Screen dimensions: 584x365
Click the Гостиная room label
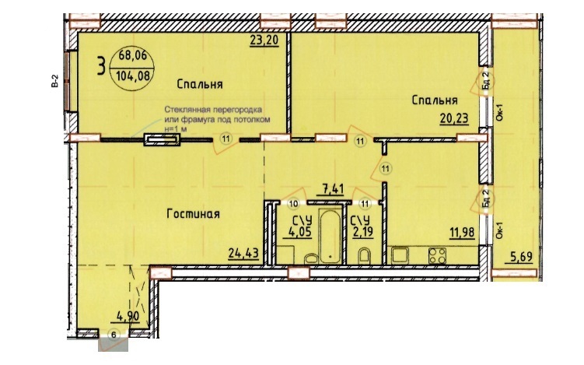click(x=193, y=214)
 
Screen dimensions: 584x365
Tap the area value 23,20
click(x=264, y=40)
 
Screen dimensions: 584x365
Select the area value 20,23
click(x=454, y=118)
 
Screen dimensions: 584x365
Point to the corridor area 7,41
click(x=330, y=188)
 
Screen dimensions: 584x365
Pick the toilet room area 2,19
click(x=362, y=232)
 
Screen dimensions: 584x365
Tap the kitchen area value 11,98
click(x=461, y=232)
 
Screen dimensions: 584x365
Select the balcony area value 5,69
click(x=521, y=257)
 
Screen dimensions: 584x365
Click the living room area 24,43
click(x=243, y=254)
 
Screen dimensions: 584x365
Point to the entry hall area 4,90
click(x=128, y=317)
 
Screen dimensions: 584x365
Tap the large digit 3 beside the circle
click(x=100, y=65)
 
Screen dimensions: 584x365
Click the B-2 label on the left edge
click(x=55, y=81)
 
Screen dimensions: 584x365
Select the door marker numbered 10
click(x=294, y=204)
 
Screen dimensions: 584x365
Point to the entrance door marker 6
click(x=114, y=335)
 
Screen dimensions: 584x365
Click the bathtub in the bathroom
click(x=330, y=236)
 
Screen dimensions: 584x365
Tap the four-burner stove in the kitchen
click(x=437, y=256)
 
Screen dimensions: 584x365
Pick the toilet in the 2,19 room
click(x=364, y=256)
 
